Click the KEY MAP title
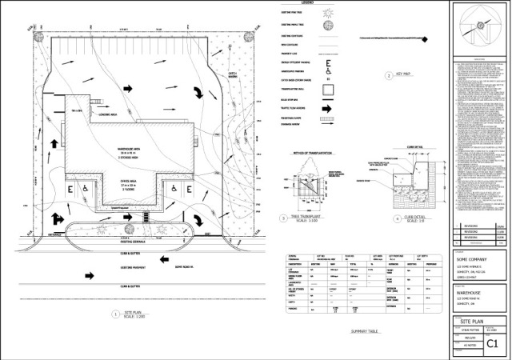pos(406,77)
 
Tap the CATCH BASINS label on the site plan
pos(233,74)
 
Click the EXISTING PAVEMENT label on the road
pos(132,268)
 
